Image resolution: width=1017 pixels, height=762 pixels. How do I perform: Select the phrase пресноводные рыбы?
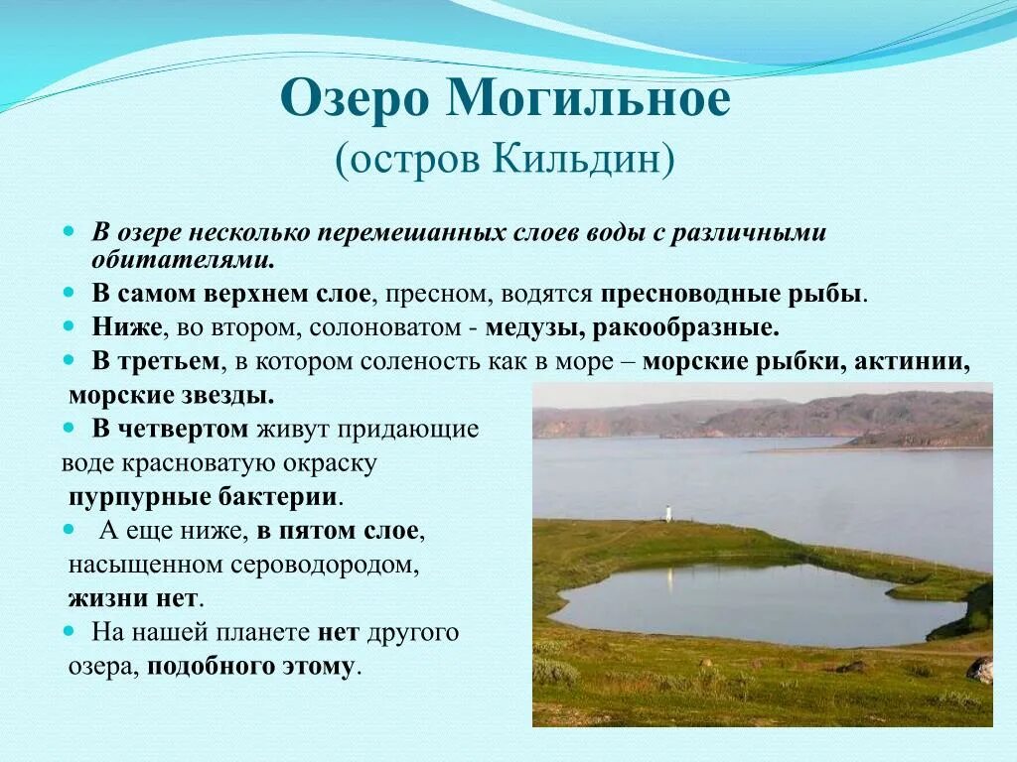[x=732, y=295]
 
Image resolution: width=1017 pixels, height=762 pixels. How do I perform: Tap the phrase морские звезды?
[x=171, y=395]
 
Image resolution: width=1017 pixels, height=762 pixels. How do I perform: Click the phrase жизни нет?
[x=134, y=598]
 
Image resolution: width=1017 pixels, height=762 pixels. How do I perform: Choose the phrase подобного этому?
[x=250, y=666]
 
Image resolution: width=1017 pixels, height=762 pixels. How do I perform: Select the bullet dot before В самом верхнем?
[x=70, y=294]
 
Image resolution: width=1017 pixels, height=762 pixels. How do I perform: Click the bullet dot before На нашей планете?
[x=70, y=631]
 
